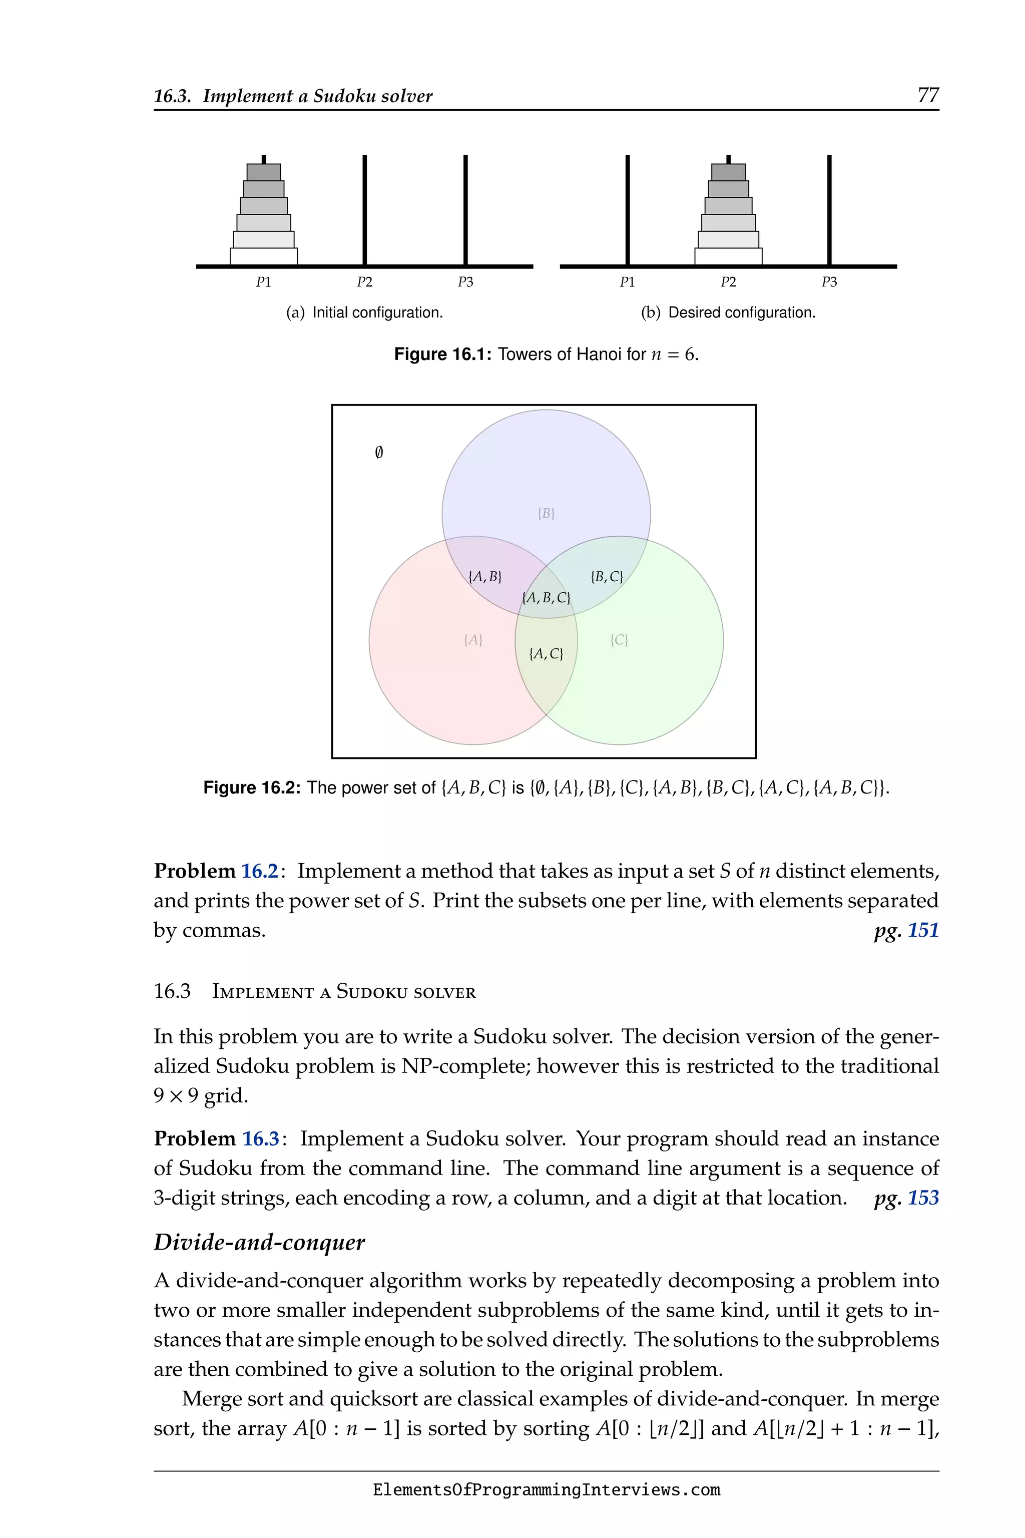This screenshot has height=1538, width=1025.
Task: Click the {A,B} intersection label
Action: (x=485, y=577)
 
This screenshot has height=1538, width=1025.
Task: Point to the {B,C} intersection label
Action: (x=607, y=577)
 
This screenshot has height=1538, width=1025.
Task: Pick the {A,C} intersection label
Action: (x=546, y=654)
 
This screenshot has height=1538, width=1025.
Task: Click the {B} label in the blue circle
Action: (x=546, y=514)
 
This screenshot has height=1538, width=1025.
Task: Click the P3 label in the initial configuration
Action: (x=465, y=282)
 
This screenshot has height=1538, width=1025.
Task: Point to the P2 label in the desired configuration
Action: (x=728, y=282)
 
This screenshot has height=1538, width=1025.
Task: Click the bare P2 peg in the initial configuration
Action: (x=365, y=209)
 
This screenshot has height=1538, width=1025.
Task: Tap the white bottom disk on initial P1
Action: (x=263, y=256)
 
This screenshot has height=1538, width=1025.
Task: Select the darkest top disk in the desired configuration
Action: (x=728, y=173)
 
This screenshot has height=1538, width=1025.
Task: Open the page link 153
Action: (x=922, y=1198)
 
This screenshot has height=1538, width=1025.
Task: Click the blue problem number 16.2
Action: (x=260, y=872)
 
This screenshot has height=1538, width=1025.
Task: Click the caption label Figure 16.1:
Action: (x=442, y=355)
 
